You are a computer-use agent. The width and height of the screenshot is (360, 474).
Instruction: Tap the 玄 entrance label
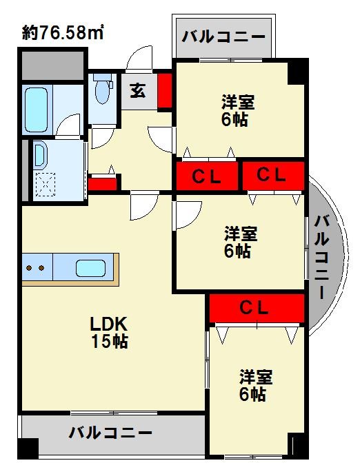click(x=139, y=90)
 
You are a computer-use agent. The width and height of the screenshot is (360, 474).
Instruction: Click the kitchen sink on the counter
click(x=90, y=267)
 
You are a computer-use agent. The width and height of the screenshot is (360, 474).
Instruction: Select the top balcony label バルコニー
click(x=223, y=37)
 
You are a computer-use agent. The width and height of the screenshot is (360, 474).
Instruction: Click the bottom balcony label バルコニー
click(x=110, y=433)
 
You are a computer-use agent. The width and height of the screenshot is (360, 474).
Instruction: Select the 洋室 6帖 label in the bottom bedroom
click(x=256, y=386)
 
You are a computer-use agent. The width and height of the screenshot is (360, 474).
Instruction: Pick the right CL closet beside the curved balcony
click(x=272, y=176)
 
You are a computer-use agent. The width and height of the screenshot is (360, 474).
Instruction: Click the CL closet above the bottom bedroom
click(x=256, y=309)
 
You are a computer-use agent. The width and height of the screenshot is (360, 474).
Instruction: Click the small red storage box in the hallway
click(x=102, y=185)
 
